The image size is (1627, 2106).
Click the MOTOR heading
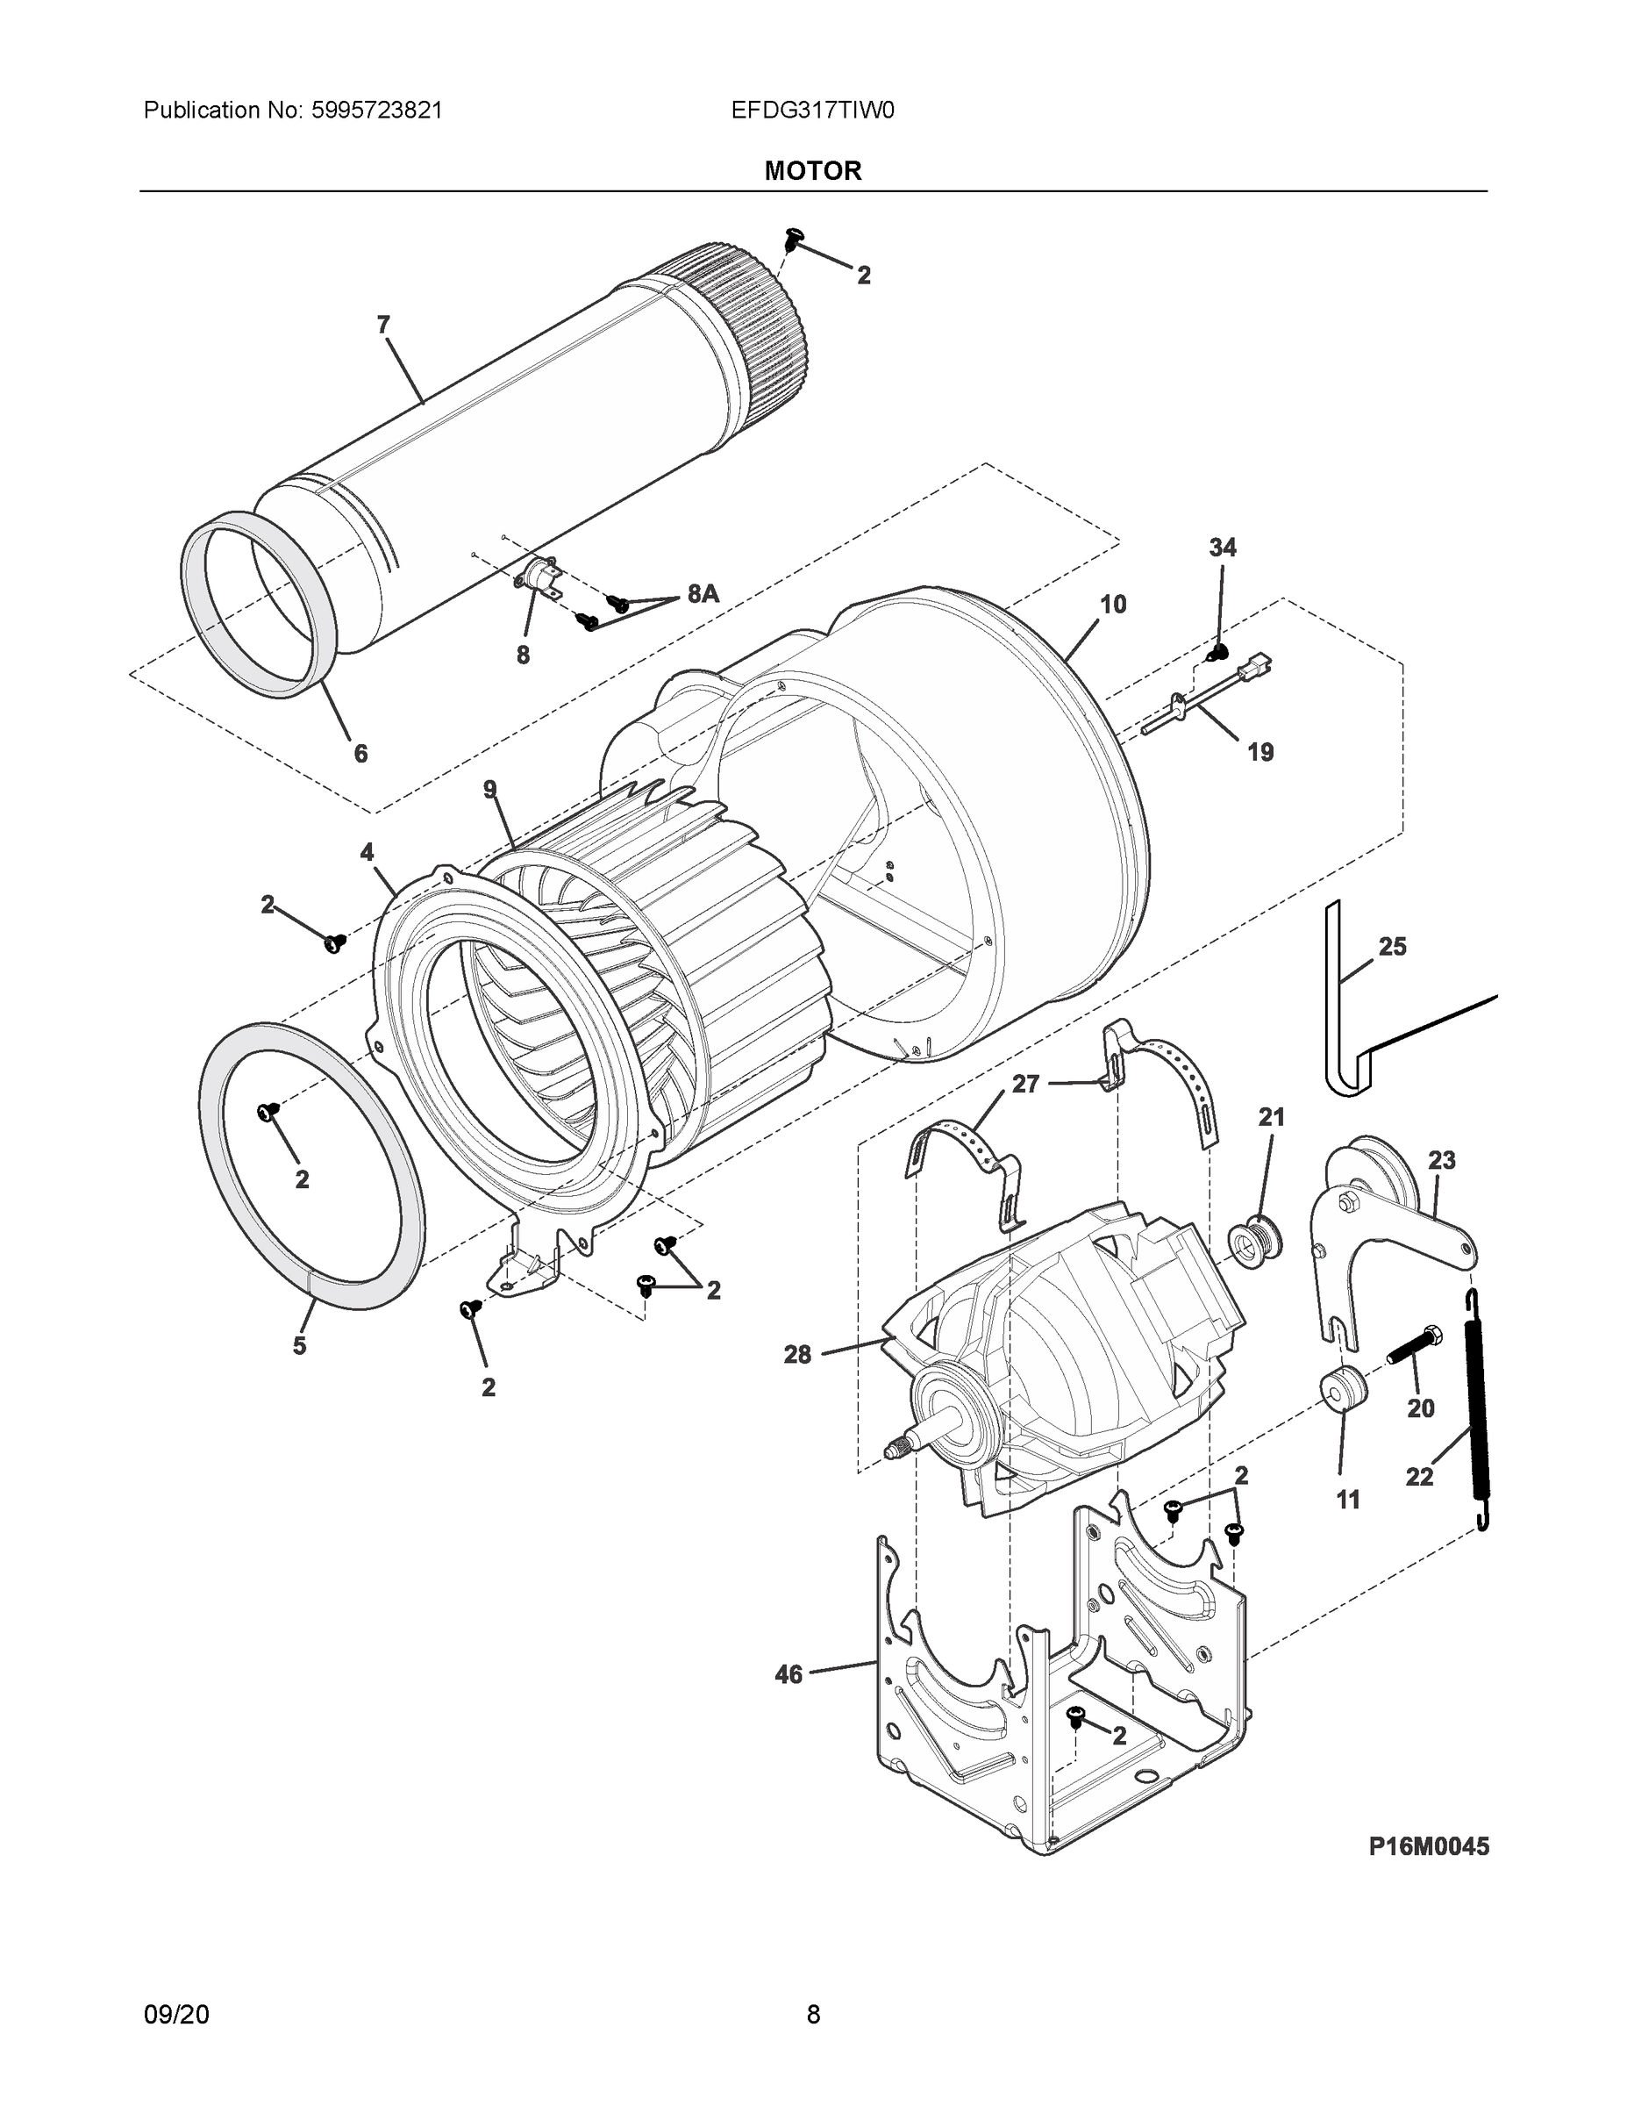812,171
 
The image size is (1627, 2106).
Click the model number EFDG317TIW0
811,111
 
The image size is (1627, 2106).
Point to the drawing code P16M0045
1429,1845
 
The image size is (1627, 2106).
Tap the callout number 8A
703,594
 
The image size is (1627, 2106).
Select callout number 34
1222,548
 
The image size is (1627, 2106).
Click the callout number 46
789,1675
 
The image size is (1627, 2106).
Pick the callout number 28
797,1355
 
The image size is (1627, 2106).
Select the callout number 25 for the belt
1392,947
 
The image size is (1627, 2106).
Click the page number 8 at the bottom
812,2015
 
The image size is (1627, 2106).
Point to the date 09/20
176,2015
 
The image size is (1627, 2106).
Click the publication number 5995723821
377,111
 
